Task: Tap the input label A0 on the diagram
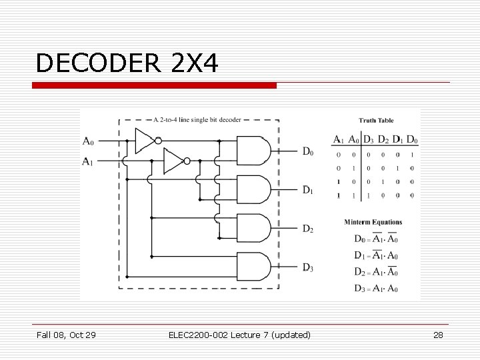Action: click(89, 141)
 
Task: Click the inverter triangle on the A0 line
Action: click(145, 141)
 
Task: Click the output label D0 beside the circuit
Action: click(307, 152)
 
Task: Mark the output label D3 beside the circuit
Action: click(307, 268)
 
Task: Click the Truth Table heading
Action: click(377, 121)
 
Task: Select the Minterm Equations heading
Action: click(373, 222)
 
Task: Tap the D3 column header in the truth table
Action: click(368, 139)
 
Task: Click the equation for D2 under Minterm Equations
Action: click(376, 272)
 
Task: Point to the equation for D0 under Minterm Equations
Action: click(376, 239)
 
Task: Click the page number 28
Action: click(438, 335)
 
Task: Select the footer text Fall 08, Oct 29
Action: click(66, 335)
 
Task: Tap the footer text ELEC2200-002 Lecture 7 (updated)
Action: click(239, 335)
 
